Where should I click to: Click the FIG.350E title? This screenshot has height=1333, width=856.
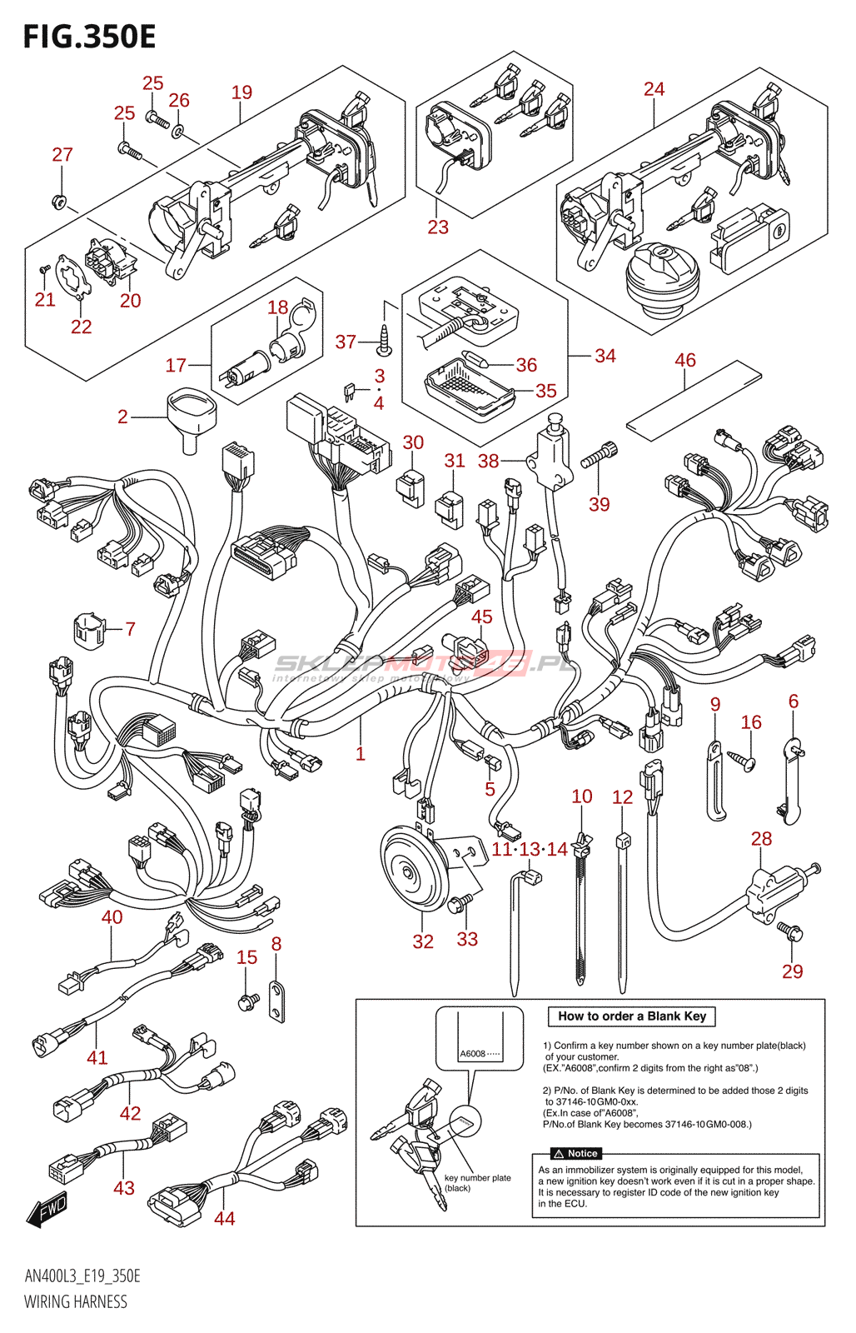click(x=89, y=37)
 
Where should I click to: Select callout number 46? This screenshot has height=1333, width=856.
click(x=684, y=360)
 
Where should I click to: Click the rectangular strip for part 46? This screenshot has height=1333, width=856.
click(x=693, y=399)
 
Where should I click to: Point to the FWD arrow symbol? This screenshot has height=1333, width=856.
click(x=47, y=1208)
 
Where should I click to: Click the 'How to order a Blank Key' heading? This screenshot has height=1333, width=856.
click(x=631, y=1016)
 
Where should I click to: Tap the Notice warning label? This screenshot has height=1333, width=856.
click(x=575, y=1154)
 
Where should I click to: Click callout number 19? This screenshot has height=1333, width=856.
click(x=241, y=92)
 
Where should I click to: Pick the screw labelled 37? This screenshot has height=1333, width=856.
click(x=384, y=338)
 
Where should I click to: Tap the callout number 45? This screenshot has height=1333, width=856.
click(x=482, y=617)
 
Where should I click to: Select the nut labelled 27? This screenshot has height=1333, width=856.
click(x=59, y=201)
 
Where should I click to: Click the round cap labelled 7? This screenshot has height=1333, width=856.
click(x=88, y=630)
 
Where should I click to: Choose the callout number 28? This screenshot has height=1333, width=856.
click(x=761, y=839)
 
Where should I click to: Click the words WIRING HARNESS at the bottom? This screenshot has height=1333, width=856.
click(x=76, y=1302)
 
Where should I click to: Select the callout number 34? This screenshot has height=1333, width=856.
click(x=605, y=356)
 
